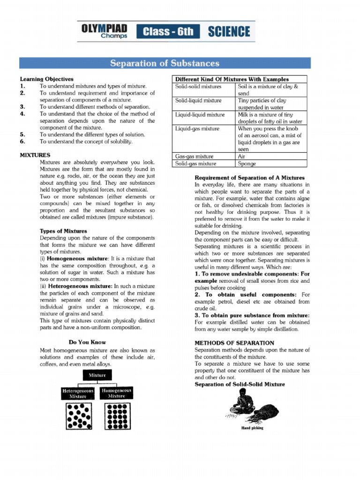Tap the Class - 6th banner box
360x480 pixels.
coord(168,32)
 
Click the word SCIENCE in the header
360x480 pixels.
coord(229,32)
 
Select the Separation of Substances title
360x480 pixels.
coord(165,63)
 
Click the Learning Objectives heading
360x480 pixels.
coord(46,79)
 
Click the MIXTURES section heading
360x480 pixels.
coord(35,155)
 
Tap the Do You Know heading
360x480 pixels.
coord(87,342)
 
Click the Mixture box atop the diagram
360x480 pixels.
coord(97,375)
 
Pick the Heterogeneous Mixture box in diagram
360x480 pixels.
coord(78,393)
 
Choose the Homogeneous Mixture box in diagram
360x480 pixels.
coord(117,393)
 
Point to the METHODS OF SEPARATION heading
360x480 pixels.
coord(234,343)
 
